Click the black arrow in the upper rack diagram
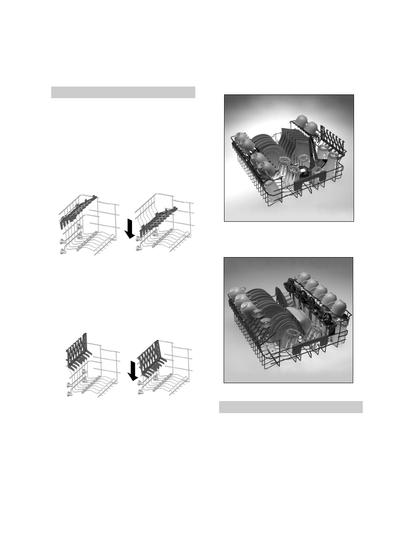click(130, 229)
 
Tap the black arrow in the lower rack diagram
click(132, 371)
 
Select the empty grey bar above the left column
click(123, 92)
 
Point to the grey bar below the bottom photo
click(291, 407)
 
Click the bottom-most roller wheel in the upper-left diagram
click(63, 250)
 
